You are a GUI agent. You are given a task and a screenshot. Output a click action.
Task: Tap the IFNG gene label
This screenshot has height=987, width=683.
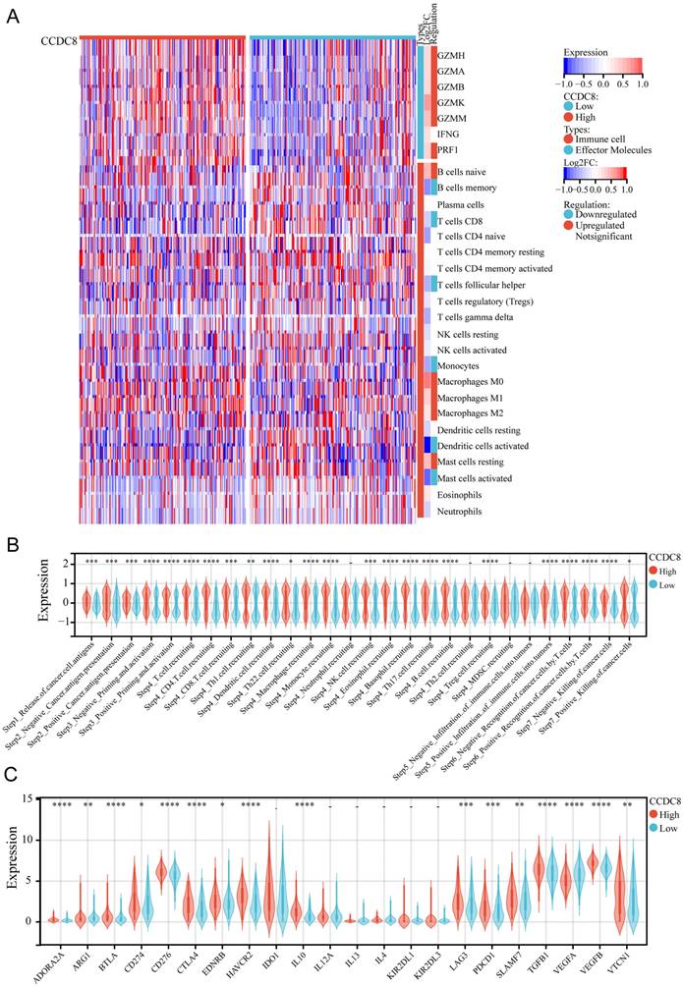pos(450,133)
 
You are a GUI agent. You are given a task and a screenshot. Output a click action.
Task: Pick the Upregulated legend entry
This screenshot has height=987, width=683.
pos(607,226)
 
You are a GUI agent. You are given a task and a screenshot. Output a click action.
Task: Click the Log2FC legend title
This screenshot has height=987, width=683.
pos(583,163)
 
